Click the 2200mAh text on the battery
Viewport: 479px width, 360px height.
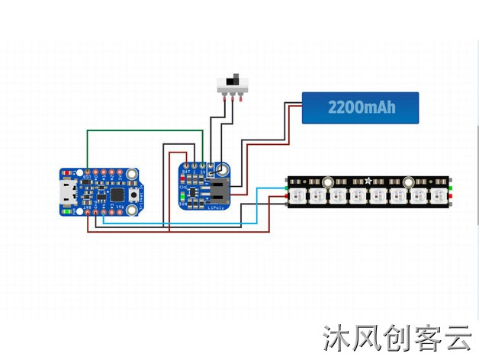click(362, 108)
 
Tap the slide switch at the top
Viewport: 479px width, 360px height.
click(233, 82)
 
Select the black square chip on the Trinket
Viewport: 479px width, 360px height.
click(117, 194)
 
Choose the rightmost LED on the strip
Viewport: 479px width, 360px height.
click(439, 196)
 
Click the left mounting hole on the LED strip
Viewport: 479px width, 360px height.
click(328, 182)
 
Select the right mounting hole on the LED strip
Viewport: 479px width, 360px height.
click(408, 182)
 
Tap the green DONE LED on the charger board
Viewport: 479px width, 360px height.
click(183, 200)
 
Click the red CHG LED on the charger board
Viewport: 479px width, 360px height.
click(183, 185)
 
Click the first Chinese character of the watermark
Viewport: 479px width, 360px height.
click(336, 338)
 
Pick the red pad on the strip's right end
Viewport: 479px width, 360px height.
click(452, 196)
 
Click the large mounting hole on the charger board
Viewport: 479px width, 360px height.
click(223, 169)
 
